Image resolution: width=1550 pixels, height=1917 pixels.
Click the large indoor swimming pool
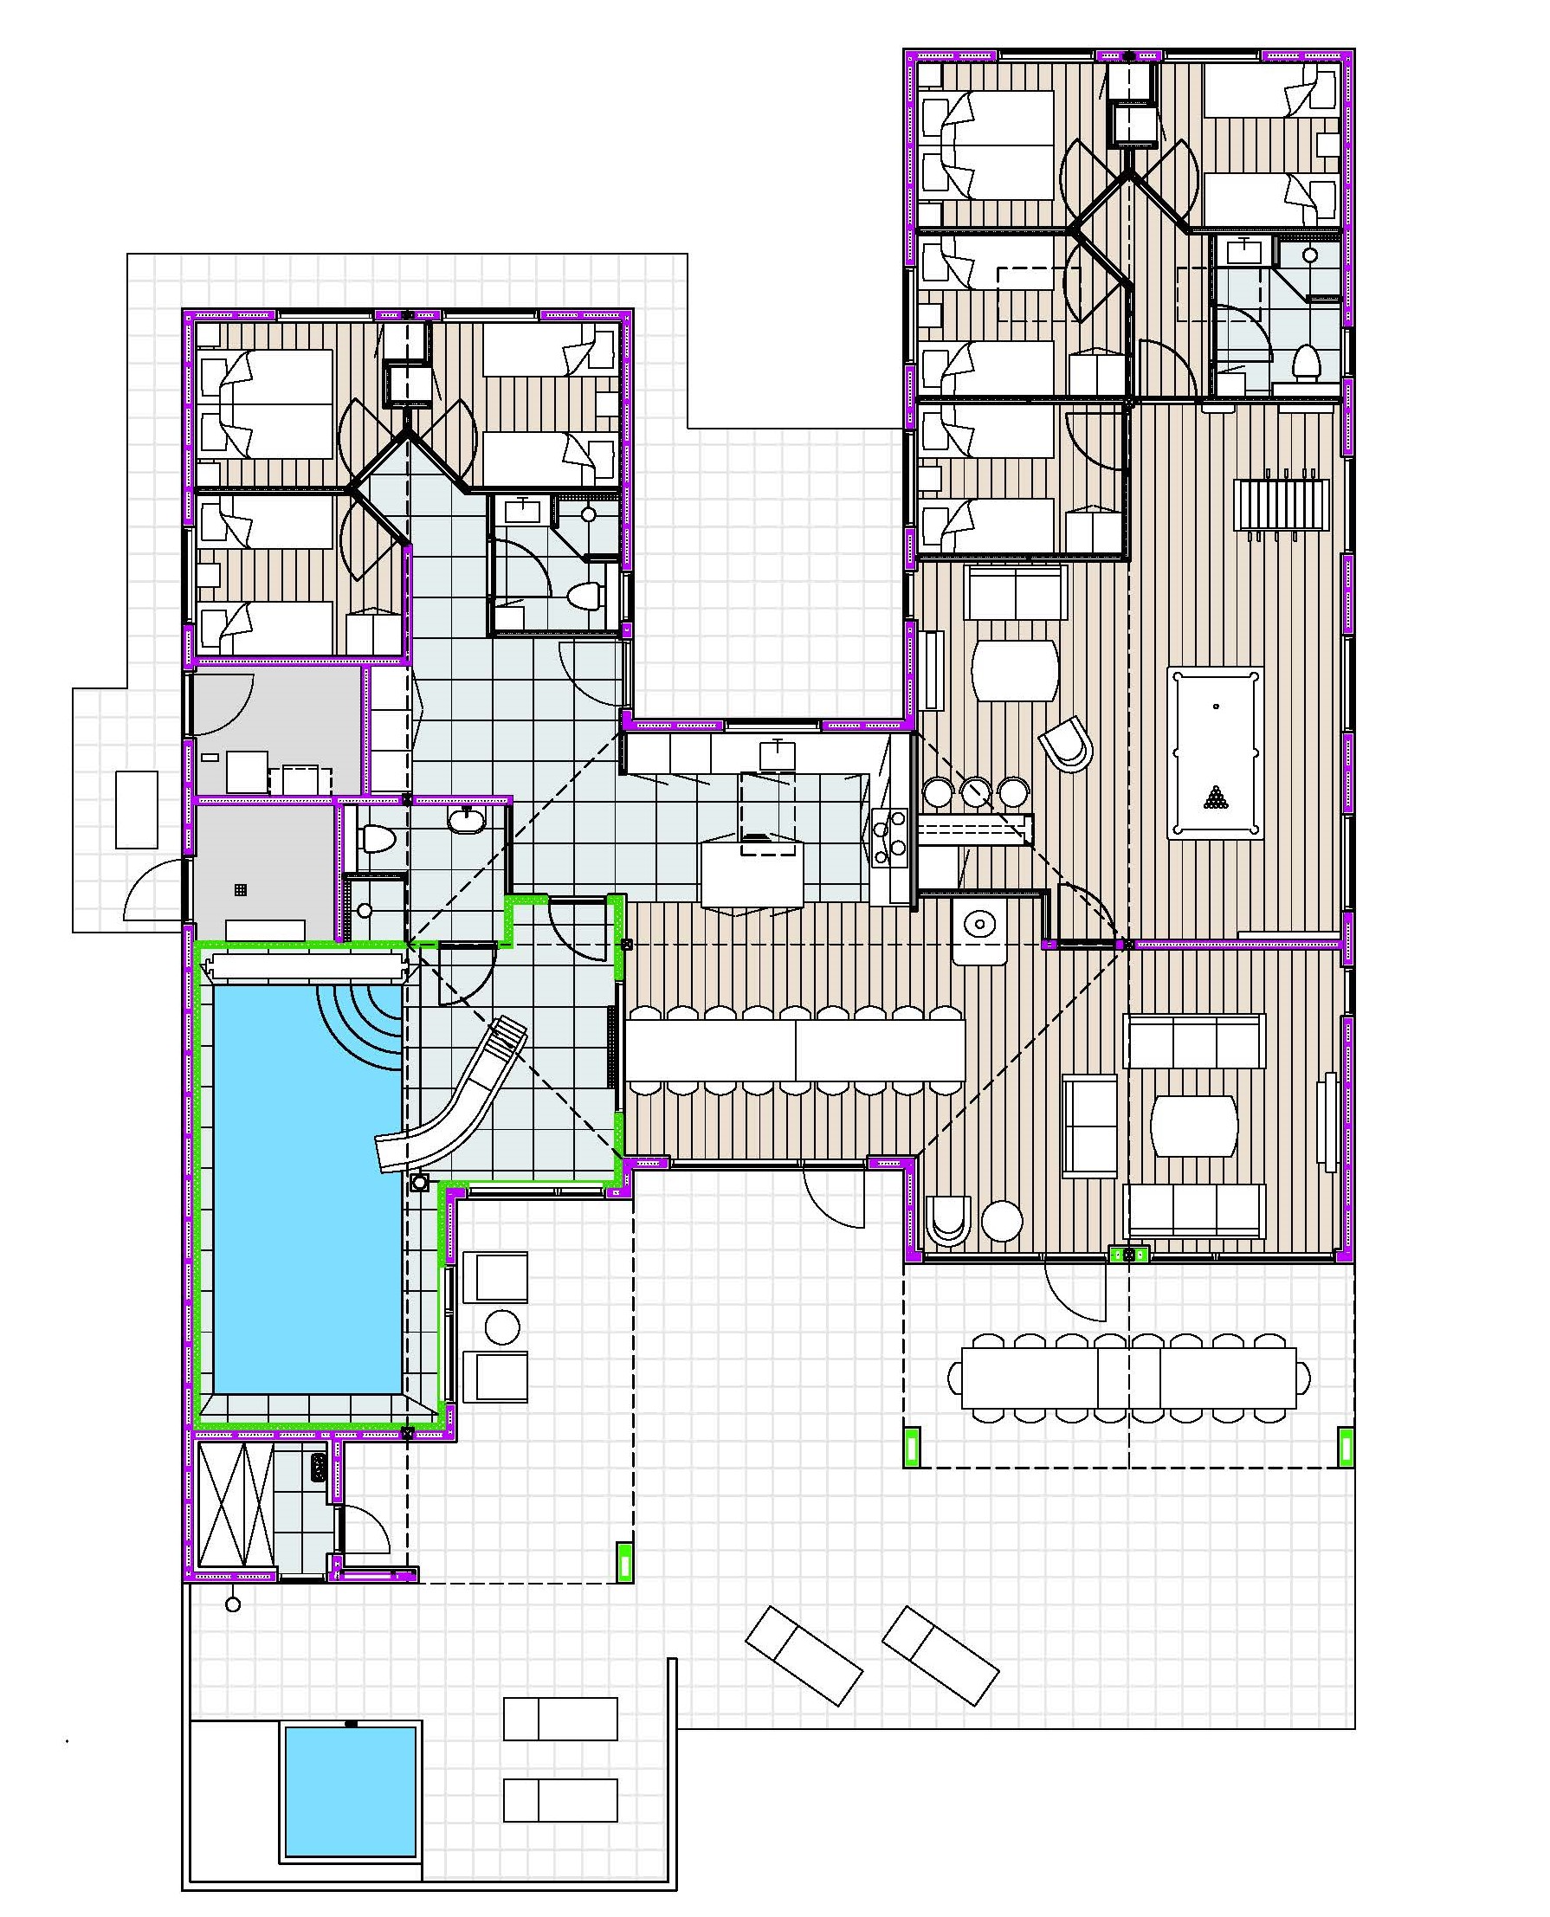pos(304,1197)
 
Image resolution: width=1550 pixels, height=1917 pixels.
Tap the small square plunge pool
pos(350,1777)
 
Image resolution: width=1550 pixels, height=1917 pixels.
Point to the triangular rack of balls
pos(1215,797)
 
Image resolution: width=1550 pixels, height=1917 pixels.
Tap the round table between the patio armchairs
pos(501,1327)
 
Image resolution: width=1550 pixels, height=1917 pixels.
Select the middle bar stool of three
pos(976,791)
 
